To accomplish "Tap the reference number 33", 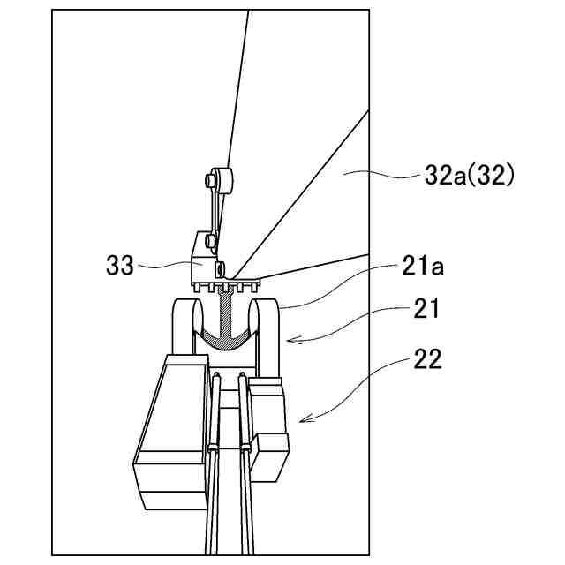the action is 120,264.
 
